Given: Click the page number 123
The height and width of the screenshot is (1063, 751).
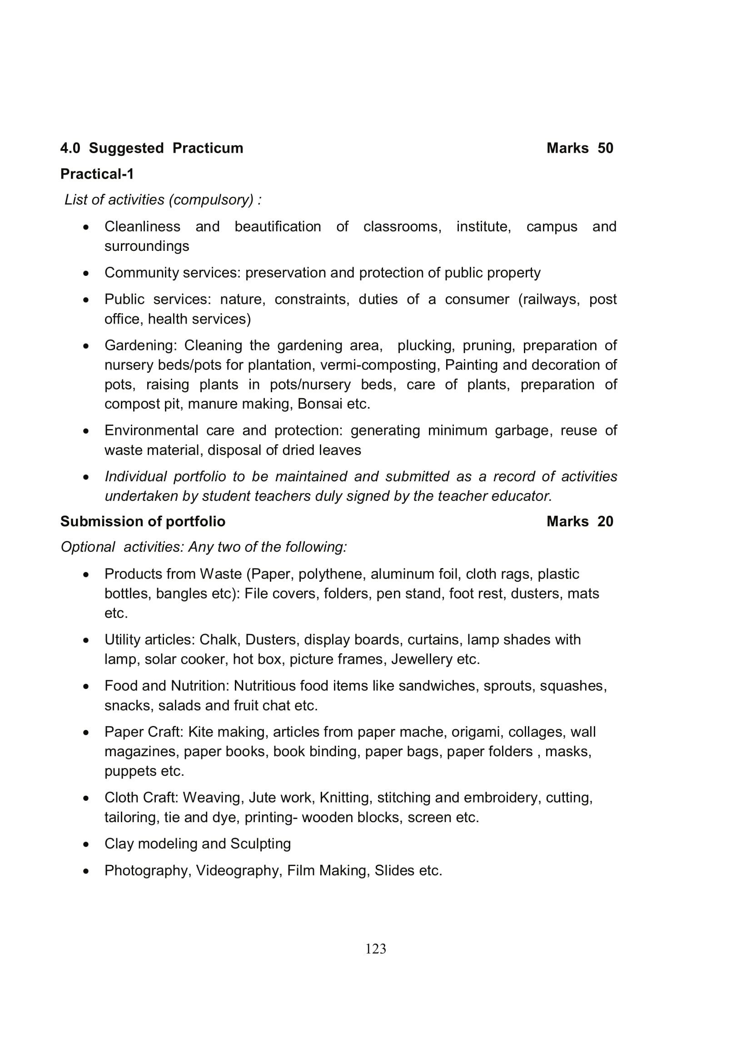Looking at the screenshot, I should click(375, 949).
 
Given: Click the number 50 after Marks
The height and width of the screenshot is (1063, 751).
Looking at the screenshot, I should click(605, 148).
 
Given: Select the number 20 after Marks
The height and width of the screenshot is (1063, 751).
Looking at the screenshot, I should click(605, 521).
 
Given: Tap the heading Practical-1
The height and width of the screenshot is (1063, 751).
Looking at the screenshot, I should click(97, 174).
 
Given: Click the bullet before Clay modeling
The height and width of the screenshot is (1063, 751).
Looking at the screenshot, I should click(86, 844).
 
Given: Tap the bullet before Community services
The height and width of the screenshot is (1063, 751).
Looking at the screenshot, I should click(86, 274).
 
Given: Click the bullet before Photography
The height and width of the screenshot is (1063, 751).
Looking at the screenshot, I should click(86, 871).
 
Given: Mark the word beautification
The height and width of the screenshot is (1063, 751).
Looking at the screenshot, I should click(278, 226).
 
